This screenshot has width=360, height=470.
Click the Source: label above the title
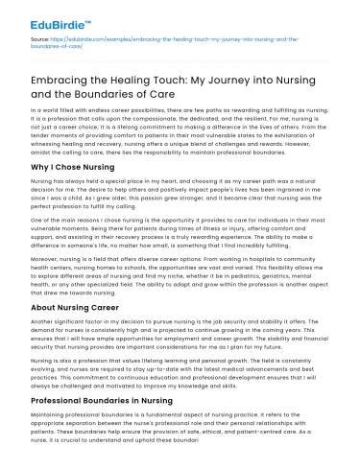click(40, 36)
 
